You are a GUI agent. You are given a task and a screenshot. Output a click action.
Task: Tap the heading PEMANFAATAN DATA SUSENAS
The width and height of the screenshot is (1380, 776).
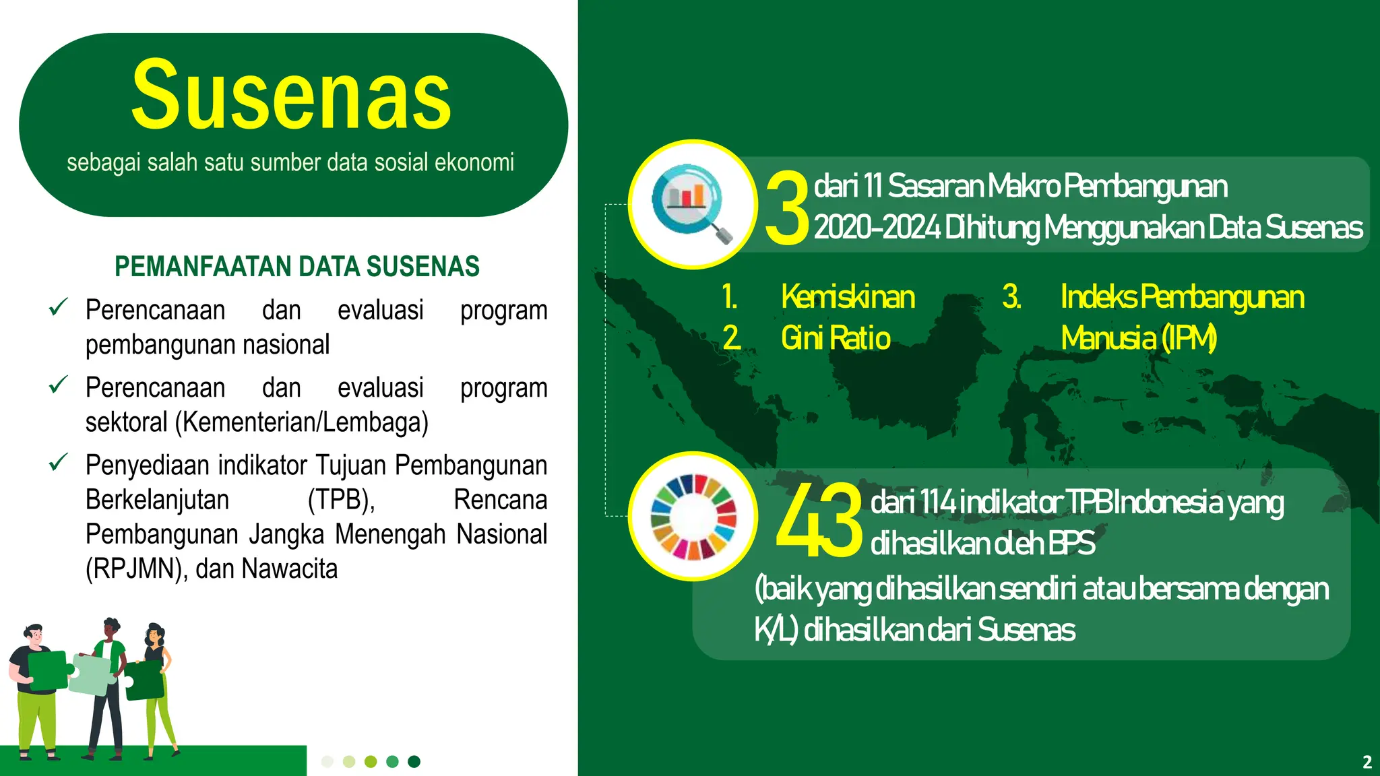[x=297, y=267]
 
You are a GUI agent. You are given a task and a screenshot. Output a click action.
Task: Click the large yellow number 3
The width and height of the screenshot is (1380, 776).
[x=786, y=207]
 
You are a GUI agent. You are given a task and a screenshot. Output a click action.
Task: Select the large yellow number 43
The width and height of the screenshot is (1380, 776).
[x=819, y=521]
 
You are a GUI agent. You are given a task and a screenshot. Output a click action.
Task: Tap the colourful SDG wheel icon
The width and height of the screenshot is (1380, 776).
[x=693, y=517]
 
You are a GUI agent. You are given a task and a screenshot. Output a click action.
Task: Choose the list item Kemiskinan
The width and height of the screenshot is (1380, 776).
[x=848, y=297]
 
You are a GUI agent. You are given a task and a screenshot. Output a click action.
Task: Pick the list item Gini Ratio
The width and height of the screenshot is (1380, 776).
[x=836, y=337]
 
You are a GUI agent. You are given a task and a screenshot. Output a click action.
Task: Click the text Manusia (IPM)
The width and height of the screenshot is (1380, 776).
[x=1139, y=337]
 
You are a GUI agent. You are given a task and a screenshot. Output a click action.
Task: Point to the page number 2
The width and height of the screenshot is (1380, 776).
[x=1367, y=762]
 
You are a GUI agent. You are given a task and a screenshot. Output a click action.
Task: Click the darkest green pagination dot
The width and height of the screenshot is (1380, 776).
[x=414, y=761]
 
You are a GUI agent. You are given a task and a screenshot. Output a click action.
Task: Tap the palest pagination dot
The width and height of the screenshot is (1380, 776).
[x=327, y=761]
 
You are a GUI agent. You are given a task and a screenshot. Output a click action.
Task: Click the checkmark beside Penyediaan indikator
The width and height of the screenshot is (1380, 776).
[x=59, y=463]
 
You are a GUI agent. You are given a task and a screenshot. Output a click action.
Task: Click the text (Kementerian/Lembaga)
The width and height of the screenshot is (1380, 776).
[x=302, y=422]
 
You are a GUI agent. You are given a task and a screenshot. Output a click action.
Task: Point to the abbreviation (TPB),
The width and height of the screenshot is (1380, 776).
[x=341, y=500]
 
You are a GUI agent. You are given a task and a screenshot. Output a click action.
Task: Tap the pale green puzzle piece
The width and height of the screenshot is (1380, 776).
[x=92, y=674]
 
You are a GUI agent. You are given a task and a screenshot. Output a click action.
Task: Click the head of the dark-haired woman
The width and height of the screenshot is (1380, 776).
[x=155, y=634]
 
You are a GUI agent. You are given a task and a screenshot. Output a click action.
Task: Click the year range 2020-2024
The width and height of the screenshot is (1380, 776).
[x=877, y=228]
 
